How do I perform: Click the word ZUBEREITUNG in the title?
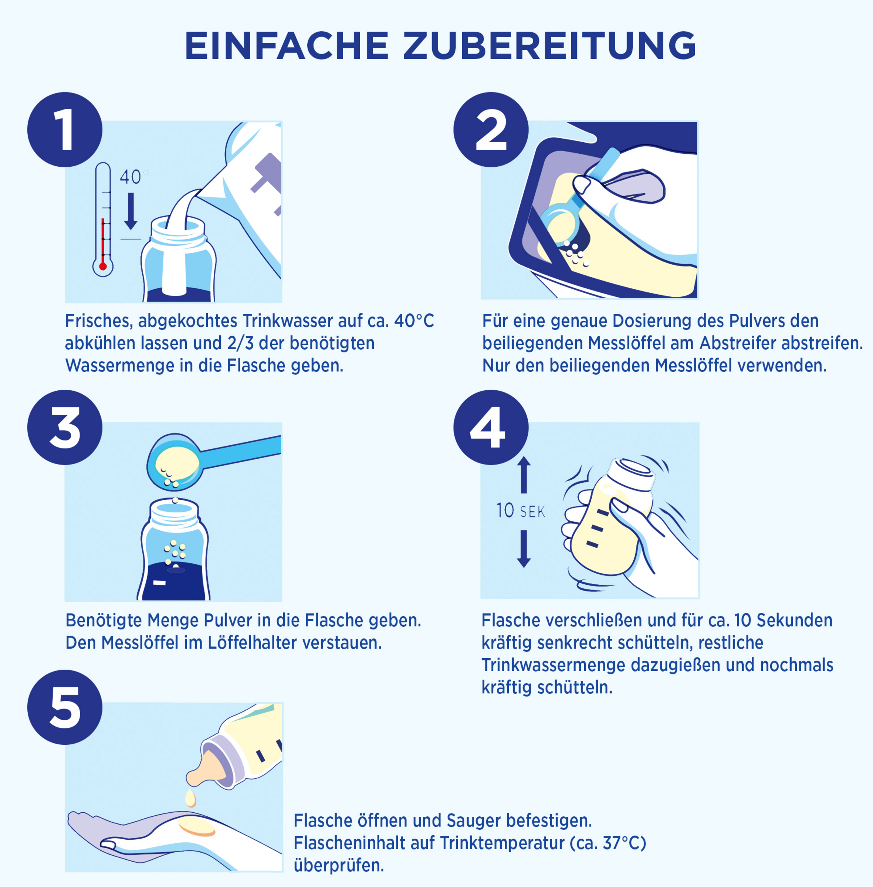(549, 46)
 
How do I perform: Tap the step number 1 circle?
(65, 130)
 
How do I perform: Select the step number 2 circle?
(491, 130)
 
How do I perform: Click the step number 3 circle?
(65, 428)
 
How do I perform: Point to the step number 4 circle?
(491, 428)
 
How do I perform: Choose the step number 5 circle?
(65, 707)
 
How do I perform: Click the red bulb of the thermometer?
(103, 266)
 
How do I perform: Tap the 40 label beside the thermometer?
(130, 177)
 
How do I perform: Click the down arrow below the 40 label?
(131, 211)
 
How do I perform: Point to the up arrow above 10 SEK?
(524, 475)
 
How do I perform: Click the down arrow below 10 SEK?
(524, 549)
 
